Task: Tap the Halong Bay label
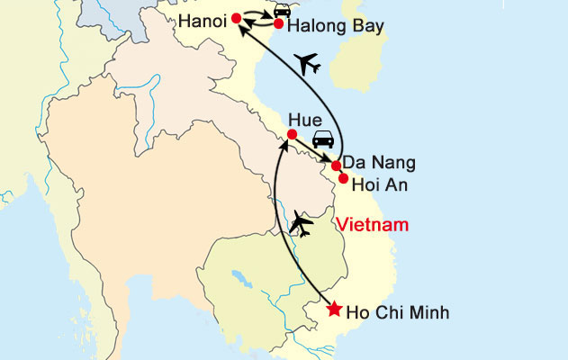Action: tap(335, 27)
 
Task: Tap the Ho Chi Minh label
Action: tap(397, 313)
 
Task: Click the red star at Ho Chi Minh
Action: tap(334, 309)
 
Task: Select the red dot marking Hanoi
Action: tap(236, 18)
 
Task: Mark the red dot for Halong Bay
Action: tap(279, 23)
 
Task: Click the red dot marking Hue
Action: tap(291, 135)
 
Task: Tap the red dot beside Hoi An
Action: tap(343, 177)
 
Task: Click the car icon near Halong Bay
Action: tap(283, 9)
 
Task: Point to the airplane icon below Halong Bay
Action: tap(309, 63)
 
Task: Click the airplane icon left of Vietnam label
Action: tap(302, 222)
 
